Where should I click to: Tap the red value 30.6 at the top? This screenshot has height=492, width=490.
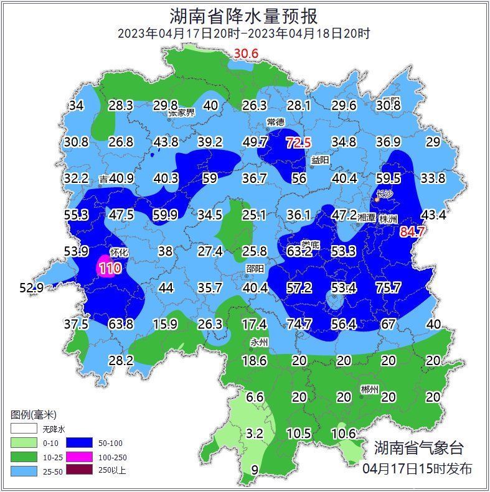tap(246, 55)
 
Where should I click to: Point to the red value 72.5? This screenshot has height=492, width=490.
tap(298, 142)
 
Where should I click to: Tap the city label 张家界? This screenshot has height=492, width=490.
tap(181, 113)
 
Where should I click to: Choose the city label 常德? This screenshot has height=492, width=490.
tap(275, 122)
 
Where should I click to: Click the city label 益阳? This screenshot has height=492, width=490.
tap(320, 160)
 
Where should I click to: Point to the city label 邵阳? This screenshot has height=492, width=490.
tap(254, 268)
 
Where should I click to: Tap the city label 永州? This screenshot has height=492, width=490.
tap(258, 341)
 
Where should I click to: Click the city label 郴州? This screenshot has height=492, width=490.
tap(369, 389)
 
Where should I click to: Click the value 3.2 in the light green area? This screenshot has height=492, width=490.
tap(255, 433)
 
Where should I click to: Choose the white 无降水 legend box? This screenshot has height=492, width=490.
tap(24, 429)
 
